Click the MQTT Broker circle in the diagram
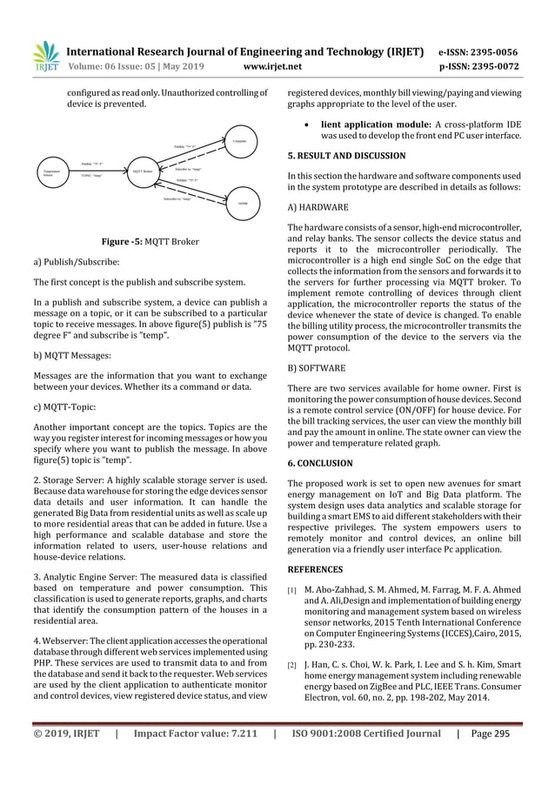point(143,171)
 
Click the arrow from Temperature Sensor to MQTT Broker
point(96,169)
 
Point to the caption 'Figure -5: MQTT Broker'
point(147,241)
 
